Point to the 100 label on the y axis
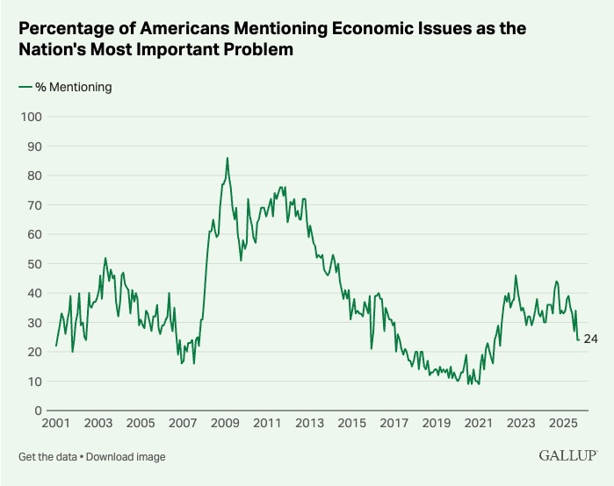(x=32, y=117)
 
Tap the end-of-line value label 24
(x=591, y=339)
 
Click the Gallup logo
(x=567, y=456)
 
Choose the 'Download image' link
(x=126, y=457)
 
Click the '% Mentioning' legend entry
(x=65, y=87)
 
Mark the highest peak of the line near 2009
(x=228, y=158)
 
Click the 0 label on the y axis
(x=39, y=411)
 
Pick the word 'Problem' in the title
(x=249, y=51)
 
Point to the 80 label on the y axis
(x=34, y=175)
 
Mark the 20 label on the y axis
(x=34, y=352)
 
